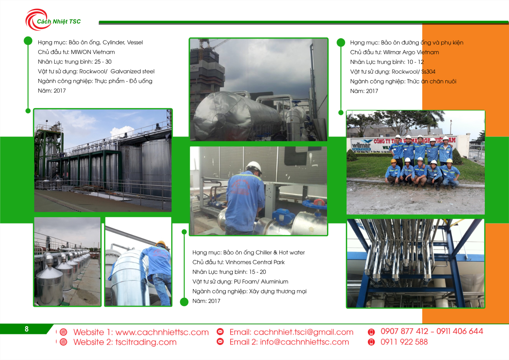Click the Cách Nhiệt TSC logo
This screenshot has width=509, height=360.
pyautogui.click(x=53, y=20)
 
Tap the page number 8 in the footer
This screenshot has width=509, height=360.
pyautogui.click(x=27, y=329)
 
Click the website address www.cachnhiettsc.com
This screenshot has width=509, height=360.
pyautogui.click(x=162, y=332)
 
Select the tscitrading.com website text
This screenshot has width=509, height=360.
pyautogui.click(x=146, y=342)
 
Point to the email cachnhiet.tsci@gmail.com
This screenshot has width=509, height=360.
pyautogui.click(x=303, y=332)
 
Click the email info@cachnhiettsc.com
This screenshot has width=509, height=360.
pyautogui.click(x=304, y=342)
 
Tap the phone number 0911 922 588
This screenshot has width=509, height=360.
pyautogui.click(x=404, y=342)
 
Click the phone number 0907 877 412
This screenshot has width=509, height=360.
pyautogui.click(x=404, y=331)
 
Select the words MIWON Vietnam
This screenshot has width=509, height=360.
pyautogui.click(x=93, y=52)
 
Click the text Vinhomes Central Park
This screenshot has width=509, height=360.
pyautogui.click(x=255, y=262)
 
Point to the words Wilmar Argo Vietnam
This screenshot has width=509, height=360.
pyautogui.click(x=411, y=52)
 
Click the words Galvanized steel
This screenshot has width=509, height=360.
pyautogui.click(x=132, y=71)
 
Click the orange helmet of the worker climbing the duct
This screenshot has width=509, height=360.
pyautogui.click(x=161, y=244)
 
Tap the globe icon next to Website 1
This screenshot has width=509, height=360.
pyautogui.click(x=63, y=332)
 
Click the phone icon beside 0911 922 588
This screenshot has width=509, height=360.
pyautogui.click(x=371, y=342)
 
